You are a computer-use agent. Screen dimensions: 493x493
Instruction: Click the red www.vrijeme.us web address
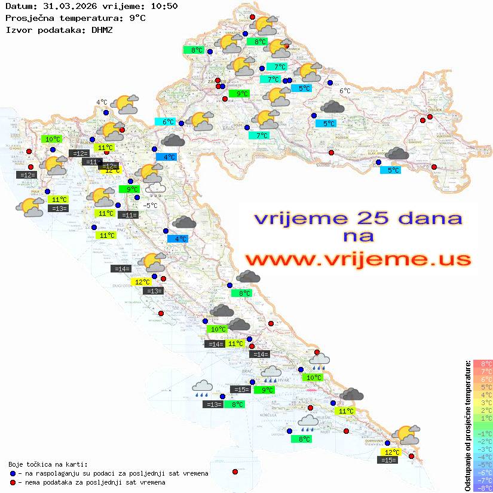pos(358,259)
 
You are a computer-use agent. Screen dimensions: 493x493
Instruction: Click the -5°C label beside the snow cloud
pos(151,206)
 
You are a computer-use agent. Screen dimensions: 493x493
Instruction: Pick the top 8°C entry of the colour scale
pos(482,363)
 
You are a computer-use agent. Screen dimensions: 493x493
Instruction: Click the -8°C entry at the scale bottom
pos(482,488)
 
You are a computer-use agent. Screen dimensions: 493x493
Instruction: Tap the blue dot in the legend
pos(13,473)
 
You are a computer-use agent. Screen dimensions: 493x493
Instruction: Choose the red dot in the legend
pos(13,482)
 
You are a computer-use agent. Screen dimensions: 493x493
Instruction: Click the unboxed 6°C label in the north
pos(345,91)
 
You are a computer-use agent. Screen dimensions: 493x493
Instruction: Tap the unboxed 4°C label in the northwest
pos(102,102)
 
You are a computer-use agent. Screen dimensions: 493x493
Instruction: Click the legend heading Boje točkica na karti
pos(48,464)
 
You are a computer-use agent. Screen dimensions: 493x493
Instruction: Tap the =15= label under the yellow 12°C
pos(388,460)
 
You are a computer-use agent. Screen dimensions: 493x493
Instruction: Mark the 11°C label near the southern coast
pos(345,411)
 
